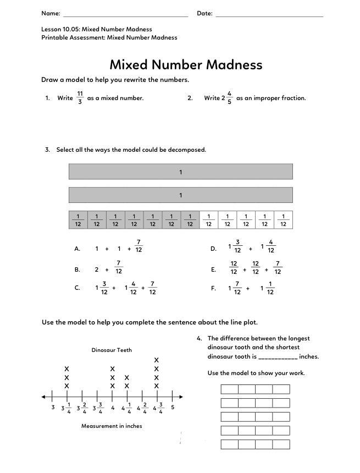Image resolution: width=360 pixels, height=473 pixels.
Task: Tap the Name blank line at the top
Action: pos(125,15)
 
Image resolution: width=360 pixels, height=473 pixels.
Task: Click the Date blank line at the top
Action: pos(269,15)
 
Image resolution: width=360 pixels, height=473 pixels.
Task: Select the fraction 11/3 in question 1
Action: pos(80,98)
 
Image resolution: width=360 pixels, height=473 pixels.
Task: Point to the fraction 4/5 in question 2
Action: pos(229,98)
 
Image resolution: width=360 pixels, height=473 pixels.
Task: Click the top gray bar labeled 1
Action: pos(180,172)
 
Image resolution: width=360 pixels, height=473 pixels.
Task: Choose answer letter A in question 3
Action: pos(77,249)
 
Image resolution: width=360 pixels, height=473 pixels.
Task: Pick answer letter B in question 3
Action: pos(77,270)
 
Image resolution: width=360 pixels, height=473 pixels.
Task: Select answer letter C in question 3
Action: pos(77,288)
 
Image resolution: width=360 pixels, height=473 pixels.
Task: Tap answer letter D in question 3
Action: pos(213,249)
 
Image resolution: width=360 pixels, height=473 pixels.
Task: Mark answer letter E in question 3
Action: pos(213,270)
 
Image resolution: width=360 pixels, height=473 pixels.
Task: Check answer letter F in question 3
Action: pos(213,288)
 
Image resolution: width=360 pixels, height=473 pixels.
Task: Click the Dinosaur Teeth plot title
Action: pos(112,350)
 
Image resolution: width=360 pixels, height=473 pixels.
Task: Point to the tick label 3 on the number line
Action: pos(53,408)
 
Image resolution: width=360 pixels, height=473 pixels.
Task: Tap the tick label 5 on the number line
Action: pos(173,408)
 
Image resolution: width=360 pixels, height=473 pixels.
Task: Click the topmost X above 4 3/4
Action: pos(157,360)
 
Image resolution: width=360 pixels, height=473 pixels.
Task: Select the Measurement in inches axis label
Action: pos(112,426)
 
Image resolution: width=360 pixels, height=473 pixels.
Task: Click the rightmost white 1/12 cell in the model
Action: pos(283,220)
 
